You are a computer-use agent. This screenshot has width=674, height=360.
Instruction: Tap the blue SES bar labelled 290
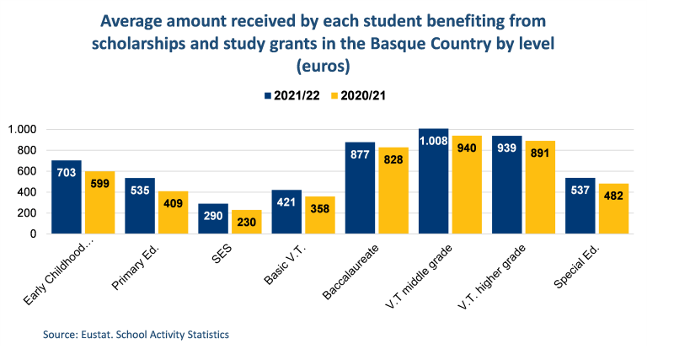click(x=213, y=218)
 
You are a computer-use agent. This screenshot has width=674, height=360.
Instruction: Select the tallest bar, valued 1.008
click(x=434, y=181)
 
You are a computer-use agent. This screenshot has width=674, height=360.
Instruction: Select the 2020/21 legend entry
click(x=367, y=95)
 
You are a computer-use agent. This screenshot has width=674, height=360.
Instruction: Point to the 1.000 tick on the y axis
click(x=22, y=130)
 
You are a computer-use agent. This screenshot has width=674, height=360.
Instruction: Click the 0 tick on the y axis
click(x=35, y=234)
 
